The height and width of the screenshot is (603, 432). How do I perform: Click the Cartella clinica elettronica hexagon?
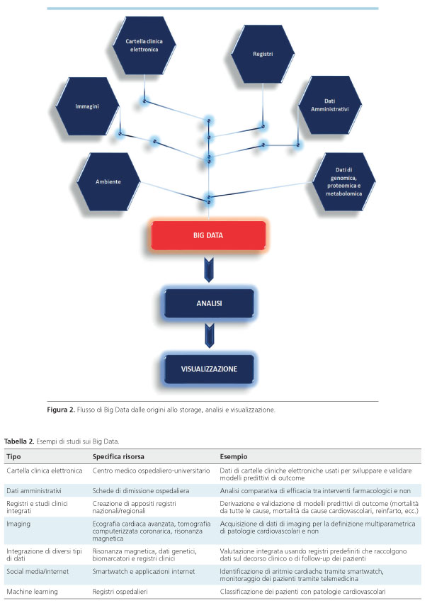144,45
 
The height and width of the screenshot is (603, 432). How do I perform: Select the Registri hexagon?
263,55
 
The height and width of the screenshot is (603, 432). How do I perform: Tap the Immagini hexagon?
87,106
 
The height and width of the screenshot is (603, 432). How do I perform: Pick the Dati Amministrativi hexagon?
330,105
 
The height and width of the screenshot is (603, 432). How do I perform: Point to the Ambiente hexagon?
108,181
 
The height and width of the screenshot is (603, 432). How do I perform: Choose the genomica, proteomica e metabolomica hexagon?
343,181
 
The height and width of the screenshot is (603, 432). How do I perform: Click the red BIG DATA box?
208,235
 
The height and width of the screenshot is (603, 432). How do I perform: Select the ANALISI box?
210,303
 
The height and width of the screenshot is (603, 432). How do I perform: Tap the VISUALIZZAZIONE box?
210,369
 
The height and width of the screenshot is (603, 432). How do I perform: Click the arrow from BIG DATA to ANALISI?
209,270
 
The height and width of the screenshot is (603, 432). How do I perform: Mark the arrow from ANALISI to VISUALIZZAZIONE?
210,336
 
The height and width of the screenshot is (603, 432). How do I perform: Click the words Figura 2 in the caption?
61,410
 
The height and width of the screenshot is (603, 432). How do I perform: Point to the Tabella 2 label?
19,441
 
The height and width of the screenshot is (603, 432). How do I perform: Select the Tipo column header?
14,457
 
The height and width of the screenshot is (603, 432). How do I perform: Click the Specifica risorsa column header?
118,457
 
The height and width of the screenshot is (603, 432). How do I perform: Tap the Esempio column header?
234,457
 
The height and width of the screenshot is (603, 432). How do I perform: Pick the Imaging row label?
18,524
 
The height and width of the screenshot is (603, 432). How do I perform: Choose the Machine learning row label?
33,592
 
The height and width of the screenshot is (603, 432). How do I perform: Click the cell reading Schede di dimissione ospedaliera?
141,491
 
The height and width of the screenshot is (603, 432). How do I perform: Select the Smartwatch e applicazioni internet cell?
144,572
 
